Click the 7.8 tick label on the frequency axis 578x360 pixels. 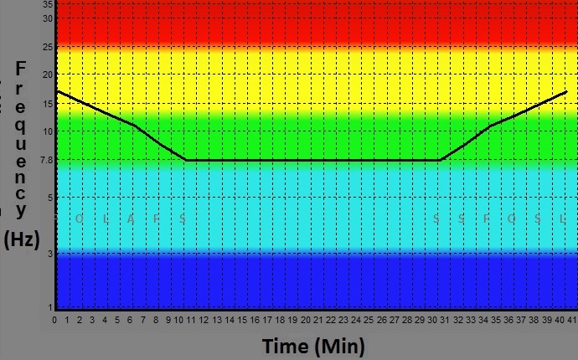46,160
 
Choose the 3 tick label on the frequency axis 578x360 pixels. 50,253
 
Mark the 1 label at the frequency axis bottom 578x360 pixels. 50,306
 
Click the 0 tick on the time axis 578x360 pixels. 55,320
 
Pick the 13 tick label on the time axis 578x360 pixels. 217,320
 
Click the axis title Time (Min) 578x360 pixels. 312,346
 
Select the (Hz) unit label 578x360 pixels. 21,239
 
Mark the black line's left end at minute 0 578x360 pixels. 56,91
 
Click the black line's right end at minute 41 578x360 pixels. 567,91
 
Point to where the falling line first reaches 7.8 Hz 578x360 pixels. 186,160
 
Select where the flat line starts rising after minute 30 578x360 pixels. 439,160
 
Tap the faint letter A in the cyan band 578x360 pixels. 131,219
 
